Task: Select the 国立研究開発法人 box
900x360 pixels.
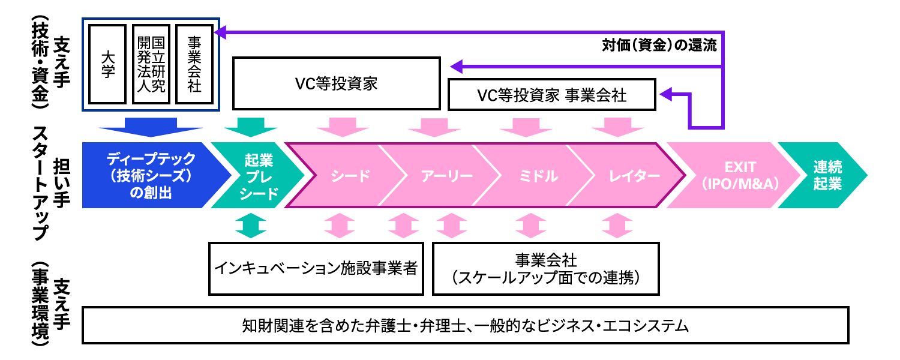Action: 151,64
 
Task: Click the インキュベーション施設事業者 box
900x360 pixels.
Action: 316,268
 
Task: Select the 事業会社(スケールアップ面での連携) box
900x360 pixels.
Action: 545,268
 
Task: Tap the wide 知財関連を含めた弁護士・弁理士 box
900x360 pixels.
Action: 465,326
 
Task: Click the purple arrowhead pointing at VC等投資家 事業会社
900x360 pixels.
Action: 668,94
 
